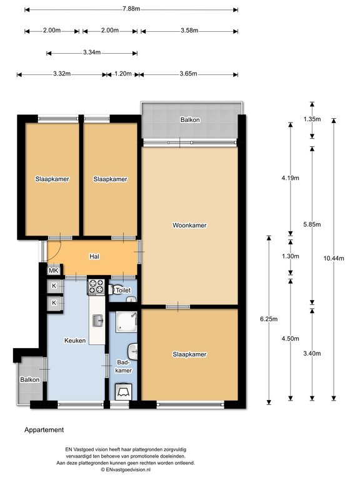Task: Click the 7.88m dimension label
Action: coord(131,9)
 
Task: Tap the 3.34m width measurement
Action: coord(92,52)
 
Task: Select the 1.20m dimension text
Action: coord(123,74)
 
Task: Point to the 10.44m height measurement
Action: coord(334,258)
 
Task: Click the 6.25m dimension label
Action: coord(269,319)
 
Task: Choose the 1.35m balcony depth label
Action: coord(312,119)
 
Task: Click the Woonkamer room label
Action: coord(189,225)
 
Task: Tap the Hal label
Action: coord(94,256)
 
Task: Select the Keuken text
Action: coord(75,341)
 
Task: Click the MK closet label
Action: coord(54,270)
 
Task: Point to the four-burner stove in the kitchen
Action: coord(96,287)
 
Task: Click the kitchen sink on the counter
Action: coord(98,321)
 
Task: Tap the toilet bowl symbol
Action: coord(114,290)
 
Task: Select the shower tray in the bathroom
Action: coord(126,322)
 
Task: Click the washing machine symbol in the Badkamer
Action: coord(123,391)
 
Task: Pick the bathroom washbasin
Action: coord(133,352)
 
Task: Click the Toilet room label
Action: coord(123,290)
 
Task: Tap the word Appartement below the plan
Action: coord(44,430)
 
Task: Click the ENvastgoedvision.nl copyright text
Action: coord(126,469)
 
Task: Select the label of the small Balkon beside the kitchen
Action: coord(30,379)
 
